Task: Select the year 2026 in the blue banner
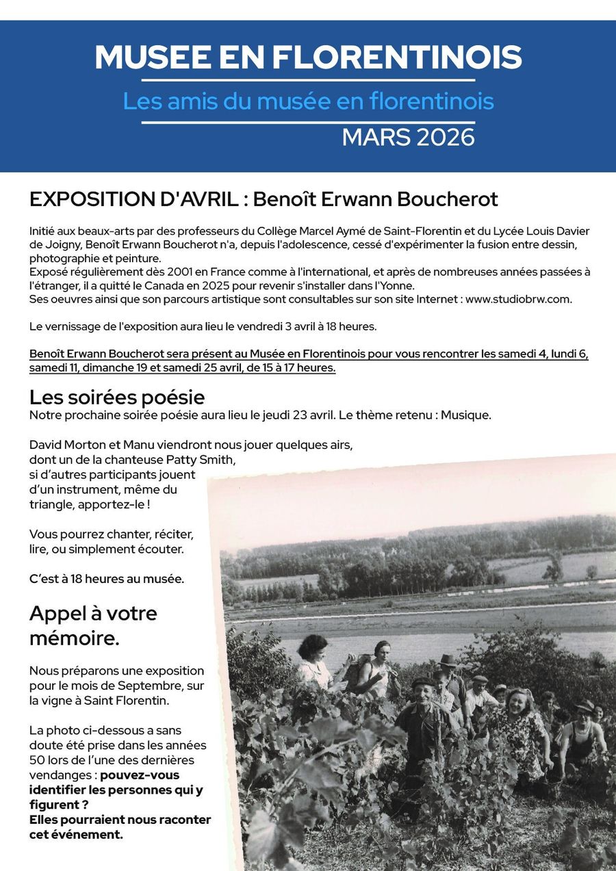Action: click(444, 137)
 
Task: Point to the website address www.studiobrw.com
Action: click(518, 299)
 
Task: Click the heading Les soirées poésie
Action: click(117, 397)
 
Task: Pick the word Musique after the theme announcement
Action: click(467, 415)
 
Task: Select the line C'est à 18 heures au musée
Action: click(107, 579)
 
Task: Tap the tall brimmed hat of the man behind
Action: click(448, 660)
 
